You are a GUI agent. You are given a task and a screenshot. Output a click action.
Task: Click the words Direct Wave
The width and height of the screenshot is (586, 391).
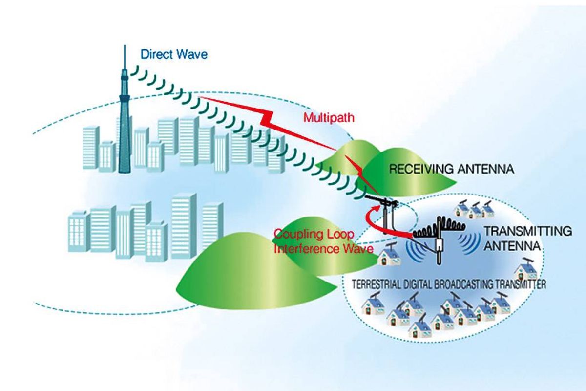coord(174,54)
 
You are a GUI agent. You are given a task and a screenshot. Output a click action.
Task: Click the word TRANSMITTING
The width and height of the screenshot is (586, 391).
coord(526,231)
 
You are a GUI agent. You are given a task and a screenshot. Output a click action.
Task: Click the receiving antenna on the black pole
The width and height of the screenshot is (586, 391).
coord(381,201)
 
